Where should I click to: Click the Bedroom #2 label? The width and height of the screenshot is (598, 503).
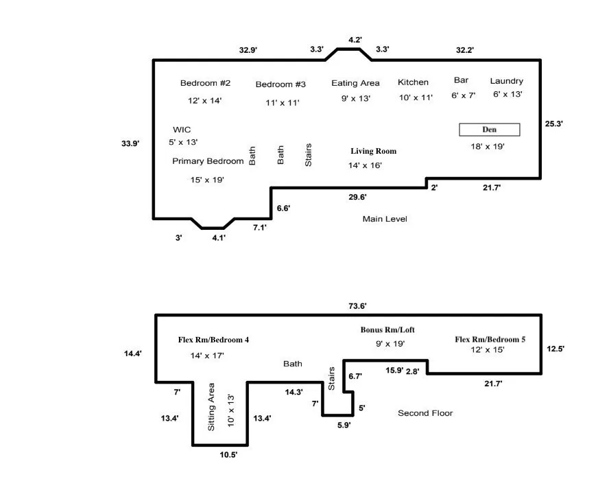(205, 83)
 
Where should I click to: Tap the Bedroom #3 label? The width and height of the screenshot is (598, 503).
(280, 84)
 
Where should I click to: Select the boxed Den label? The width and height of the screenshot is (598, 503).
(490, 130)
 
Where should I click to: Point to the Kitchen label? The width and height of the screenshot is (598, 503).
(413, 82)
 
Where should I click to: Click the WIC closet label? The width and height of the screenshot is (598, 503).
(182, 130)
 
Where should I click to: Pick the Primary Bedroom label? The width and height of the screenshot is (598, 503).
(208, 161)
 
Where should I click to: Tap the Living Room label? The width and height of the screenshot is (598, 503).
(373, 151)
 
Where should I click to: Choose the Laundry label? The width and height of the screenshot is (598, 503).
(507, 81)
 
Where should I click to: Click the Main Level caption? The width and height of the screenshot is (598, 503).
(385, 219)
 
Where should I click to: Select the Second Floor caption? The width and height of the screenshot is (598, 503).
(425, 413)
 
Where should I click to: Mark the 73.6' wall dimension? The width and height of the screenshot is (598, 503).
(357, 306)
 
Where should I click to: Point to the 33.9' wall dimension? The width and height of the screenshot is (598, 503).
(130, 143)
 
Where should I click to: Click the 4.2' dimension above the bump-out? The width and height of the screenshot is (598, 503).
(355, 40)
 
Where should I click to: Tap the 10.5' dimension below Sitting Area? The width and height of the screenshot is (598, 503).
(228, 454)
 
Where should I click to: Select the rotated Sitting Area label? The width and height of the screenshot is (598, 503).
(211, 407)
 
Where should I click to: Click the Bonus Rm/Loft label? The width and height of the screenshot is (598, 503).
(387, 330)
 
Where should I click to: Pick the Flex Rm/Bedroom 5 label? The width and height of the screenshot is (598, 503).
(490, 339)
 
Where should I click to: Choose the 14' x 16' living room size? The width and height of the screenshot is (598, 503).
(365, 165)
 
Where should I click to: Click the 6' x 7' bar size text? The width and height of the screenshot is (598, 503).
(464, 95)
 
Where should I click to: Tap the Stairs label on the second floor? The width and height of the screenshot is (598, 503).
(331, 379)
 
